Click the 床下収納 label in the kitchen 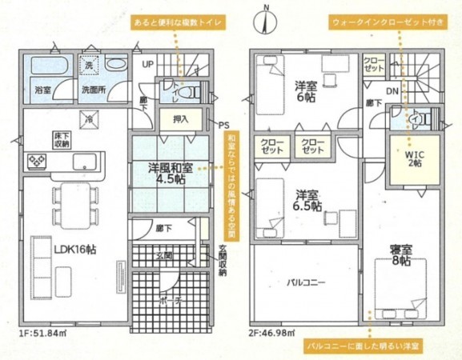[x=62, y=141]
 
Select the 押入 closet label [x=181, y=119]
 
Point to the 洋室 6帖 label [x=305, y=89]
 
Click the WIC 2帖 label [x=414, y=157]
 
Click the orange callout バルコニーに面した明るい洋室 [x=366, y=346]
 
